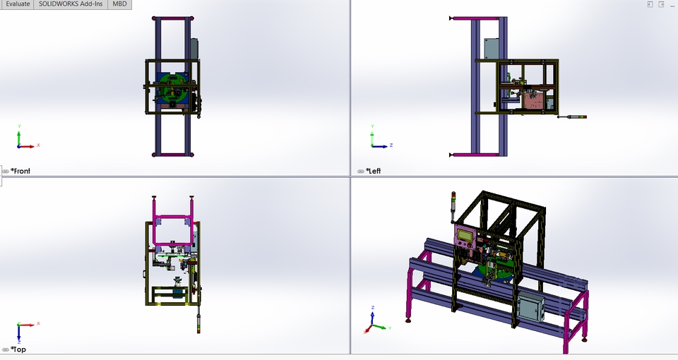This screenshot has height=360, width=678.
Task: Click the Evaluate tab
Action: (17, 4)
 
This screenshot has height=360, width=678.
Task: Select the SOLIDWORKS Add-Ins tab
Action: (71, 4)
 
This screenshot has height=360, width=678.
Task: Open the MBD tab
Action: (119, 4)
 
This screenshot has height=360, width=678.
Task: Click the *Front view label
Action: (20, 171)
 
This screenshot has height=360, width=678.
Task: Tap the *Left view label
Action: (373, 171)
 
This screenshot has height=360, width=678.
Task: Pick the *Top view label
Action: (18, 349)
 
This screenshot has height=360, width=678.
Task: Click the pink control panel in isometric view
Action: (466, 241)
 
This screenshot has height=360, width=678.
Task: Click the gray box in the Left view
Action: (492, 49)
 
